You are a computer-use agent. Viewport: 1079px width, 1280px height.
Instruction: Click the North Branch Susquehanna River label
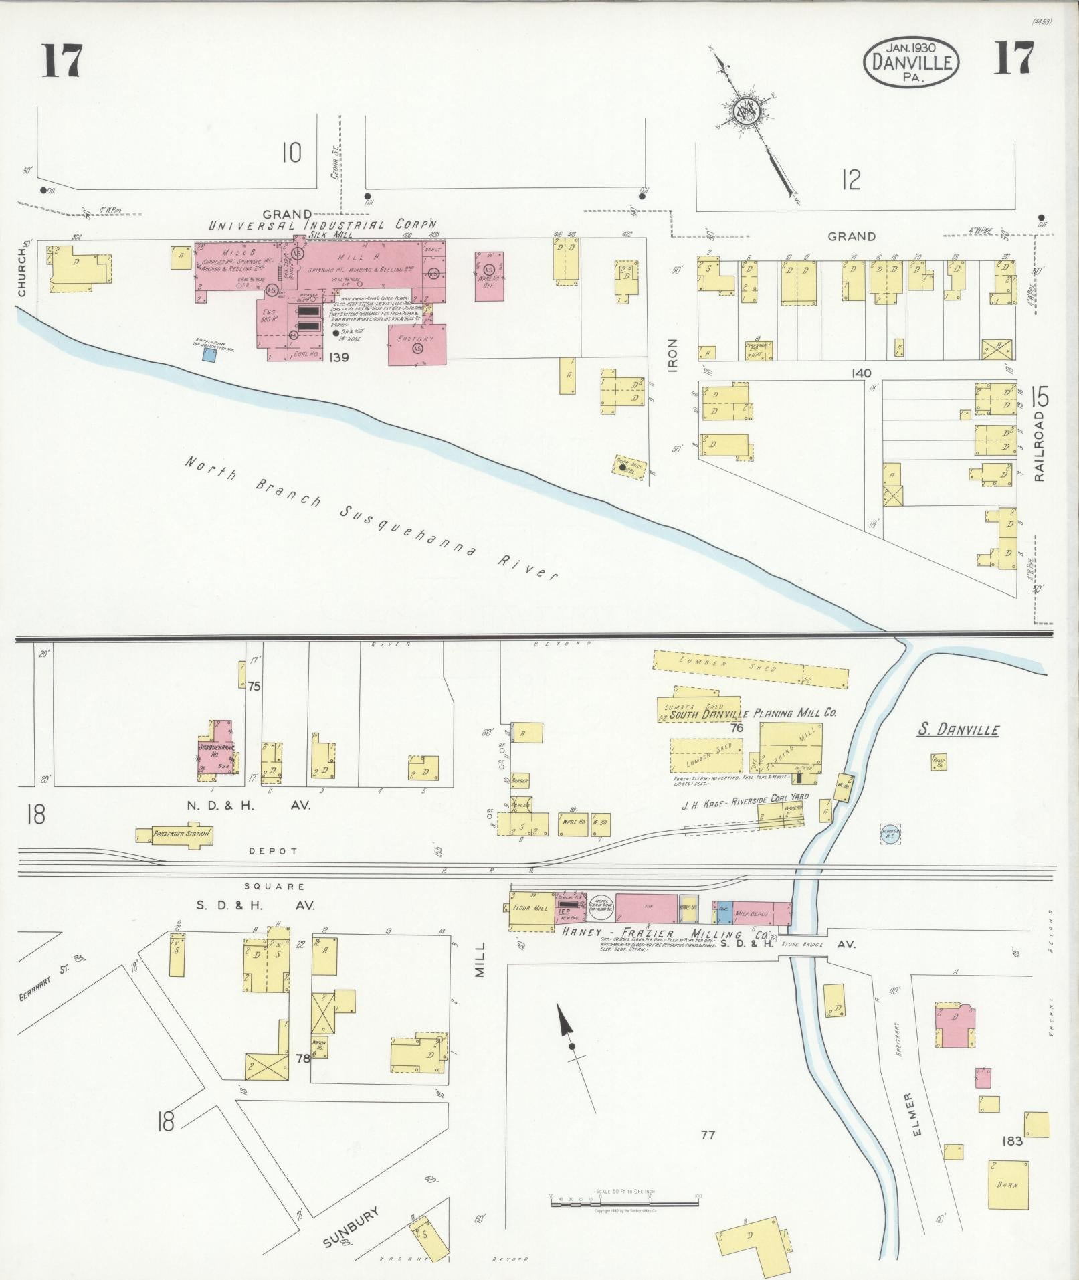tap(371, 519)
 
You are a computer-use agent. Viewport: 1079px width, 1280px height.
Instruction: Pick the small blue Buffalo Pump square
tap(209, 356)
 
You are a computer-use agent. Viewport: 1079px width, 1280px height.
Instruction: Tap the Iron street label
tap(673, 355)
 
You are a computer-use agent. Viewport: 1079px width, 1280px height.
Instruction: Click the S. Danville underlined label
tap(957, 729)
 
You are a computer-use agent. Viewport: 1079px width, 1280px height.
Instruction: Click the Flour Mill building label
tap(530, 908)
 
